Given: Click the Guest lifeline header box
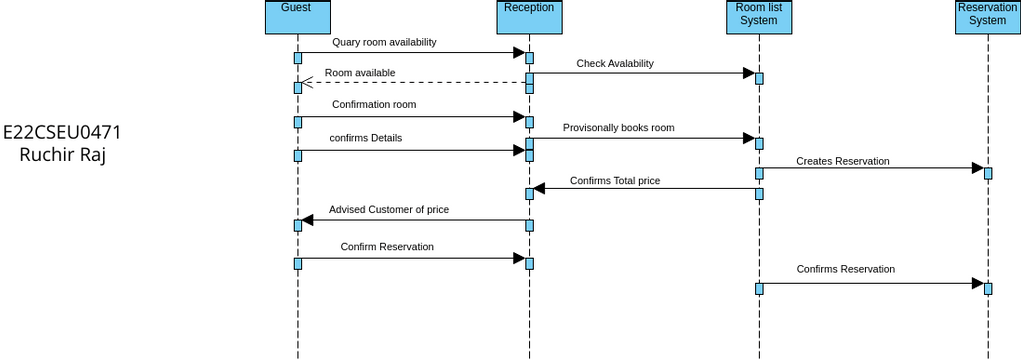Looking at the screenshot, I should [x=297, y=16].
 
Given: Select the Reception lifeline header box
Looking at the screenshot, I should [x=529, y=16].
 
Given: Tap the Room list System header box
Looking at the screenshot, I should [x=759, y=16].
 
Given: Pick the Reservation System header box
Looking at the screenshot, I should [x=987, y=16].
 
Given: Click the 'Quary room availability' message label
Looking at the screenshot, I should [x=384, y=43].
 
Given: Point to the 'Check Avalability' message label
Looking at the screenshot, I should [x=614, y=63].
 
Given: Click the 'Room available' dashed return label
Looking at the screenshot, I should [x=359, y=73].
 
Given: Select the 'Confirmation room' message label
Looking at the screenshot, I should [x=374, y=104].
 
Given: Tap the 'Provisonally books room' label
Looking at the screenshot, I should [x=618, y=128].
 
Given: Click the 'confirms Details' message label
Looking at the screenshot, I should [x=365, y=138].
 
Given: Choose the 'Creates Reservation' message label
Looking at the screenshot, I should [x=842, y=161].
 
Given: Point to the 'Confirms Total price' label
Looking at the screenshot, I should [x=614, y=181].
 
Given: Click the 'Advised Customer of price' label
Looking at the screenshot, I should [x=388, y=210].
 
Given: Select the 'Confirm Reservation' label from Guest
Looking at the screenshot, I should [x=386, y=246].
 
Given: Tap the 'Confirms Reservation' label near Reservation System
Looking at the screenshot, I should [x=845, y=269].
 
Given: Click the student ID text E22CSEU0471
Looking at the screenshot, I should [x=62, y=132].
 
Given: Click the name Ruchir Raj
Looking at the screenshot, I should [x=62, y=155].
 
